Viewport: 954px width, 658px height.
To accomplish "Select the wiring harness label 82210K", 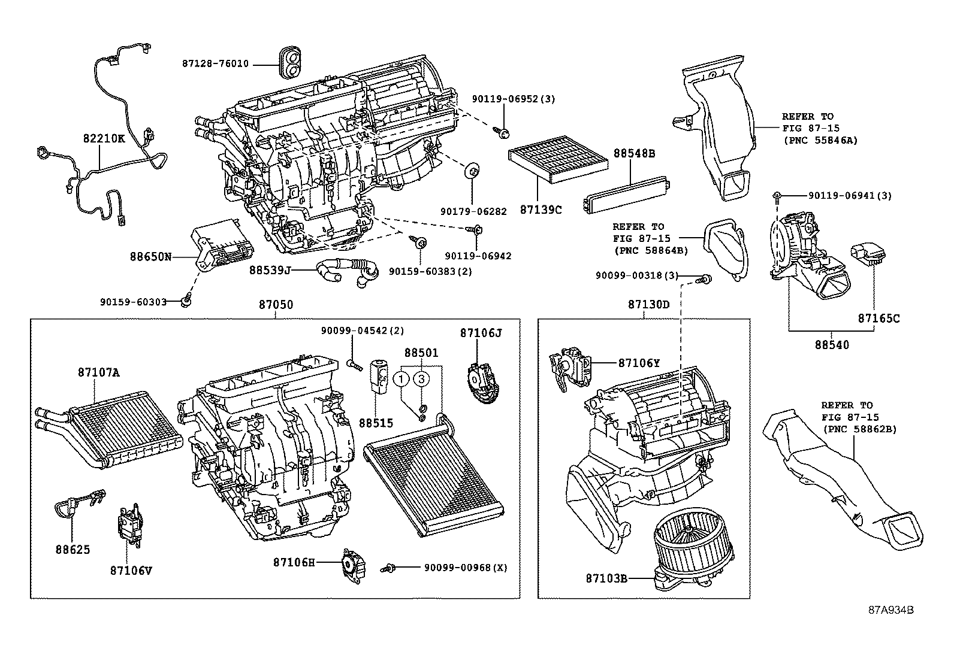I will [104, 138].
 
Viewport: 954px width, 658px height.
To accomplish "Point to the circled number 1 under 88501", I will [402, 378].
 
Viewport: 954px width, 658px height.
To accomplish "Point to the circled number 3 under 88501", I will [422, 378].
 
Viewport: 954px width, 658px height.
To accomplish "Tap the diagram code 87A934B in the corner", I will [891, 610].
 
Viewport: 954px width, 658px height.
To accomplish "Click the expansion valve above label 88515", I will [379, 375].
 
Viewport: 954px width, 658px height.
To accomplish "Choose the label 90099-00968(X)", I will [466, 567].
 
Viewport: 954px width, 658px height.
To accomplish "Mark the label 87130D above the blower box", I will [648, 304].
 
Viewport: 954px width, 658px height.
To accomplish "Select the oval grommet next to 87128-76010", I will [290, 63].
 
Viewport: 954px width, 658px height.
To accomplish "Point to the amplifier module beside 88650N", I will [223, 245].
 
